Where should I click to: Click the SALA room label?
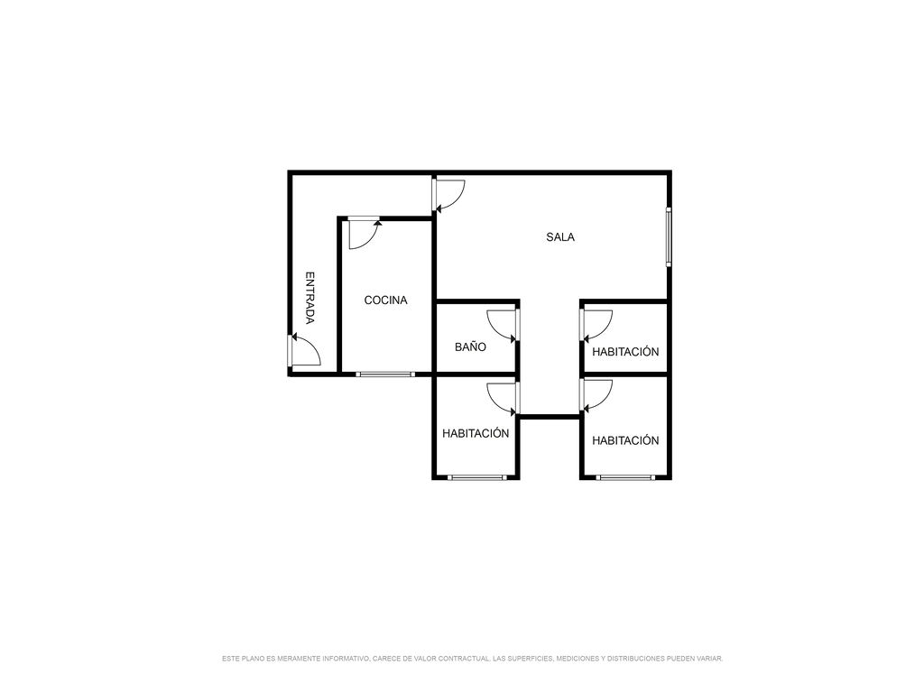coord(559,237)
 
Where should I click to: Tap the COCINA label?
coord(385,300)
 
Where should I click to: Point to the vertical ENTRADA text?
coord(310,298)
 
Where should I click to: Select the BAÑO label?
coord(470,346)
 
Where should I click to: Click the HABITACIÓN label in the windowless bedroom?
coord(625,352)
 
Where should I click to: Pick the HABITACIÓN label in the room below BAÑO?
coord(476,433)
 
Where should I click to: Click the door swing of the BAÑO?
coord(503,325)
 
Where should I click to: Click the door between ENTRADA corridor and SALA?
coord(449,195)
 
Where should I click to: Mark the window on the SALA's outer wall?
coord(669,236)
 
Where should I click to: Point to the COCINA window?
coord(385,374)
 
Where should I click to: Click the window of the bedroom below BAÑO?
coord(476,477)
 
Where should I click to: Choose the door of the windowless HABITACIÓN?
coord(596,325)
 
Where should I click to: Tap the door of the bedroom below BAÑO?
coord(503,397)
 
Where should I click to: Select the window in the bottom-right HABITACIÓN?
coord(625,477)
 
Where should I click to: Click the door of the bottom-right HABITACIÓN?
coord(596,395)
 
